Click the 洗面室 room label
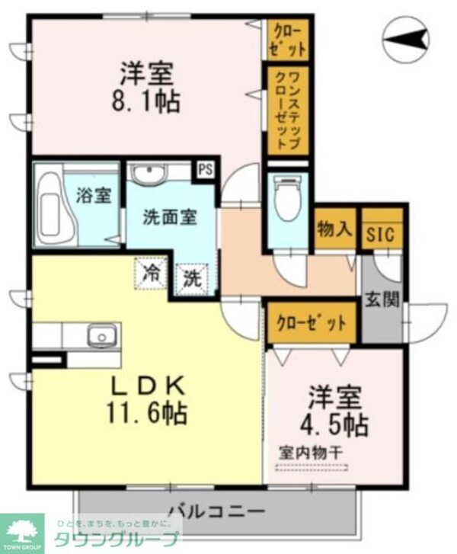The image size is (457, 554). click(170, 216)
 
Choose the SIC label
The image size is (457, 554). click(380, 235)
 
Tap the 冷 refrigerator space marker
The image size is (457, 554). click(153, 272)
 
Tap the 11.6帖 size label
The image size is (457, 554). click(148, 415)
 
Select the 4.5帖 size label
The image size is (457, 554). click(338, 422)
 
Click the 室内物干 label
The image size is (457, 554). click(310, 451)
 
